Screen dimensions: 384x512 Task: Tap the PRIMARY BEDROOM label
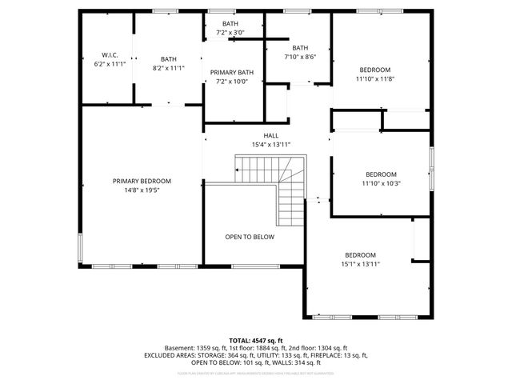pyautogui.click(x=142, y=182)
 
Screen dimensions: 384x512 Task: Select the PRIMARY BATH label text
pyautogui.click(x=232, y=73)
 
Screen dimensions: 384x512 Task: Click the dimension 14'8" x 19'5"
pyautogui.click(x=142, y=191)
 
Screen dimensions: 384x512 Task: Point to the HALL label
pyautogui.click(x=271, y=135)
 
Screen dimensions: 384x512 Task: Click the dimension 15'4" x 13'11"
pyautogui.click(x=271, y=145)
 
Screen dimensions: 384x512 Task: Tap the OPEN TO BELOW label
pyautogui.click(x=250, y=238)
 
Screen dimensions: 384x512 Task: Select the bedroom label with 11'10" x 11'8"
pyautogui.click(x=375, y=70)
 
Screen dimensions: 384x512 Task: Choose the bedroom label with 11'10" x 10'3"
pyautogui.click(x=382, y=174)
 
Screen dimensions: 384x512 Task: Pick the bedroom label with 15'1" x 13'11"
pyautogui.click(x=360, y=255)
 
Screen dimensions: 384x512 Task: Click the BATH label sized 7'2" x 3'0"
pyautogui.click(x=230, y=24)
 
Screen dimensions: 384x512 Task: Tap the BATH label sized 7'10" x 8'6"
pyautogui.click(x=300, y=48)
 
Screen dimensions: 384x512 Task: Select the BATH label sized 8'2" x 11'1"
pyautogui.click(x=169, y=59)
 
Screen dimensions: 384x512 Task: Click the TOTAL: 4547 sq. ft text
pyautogui.click(x=256, y=341)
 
